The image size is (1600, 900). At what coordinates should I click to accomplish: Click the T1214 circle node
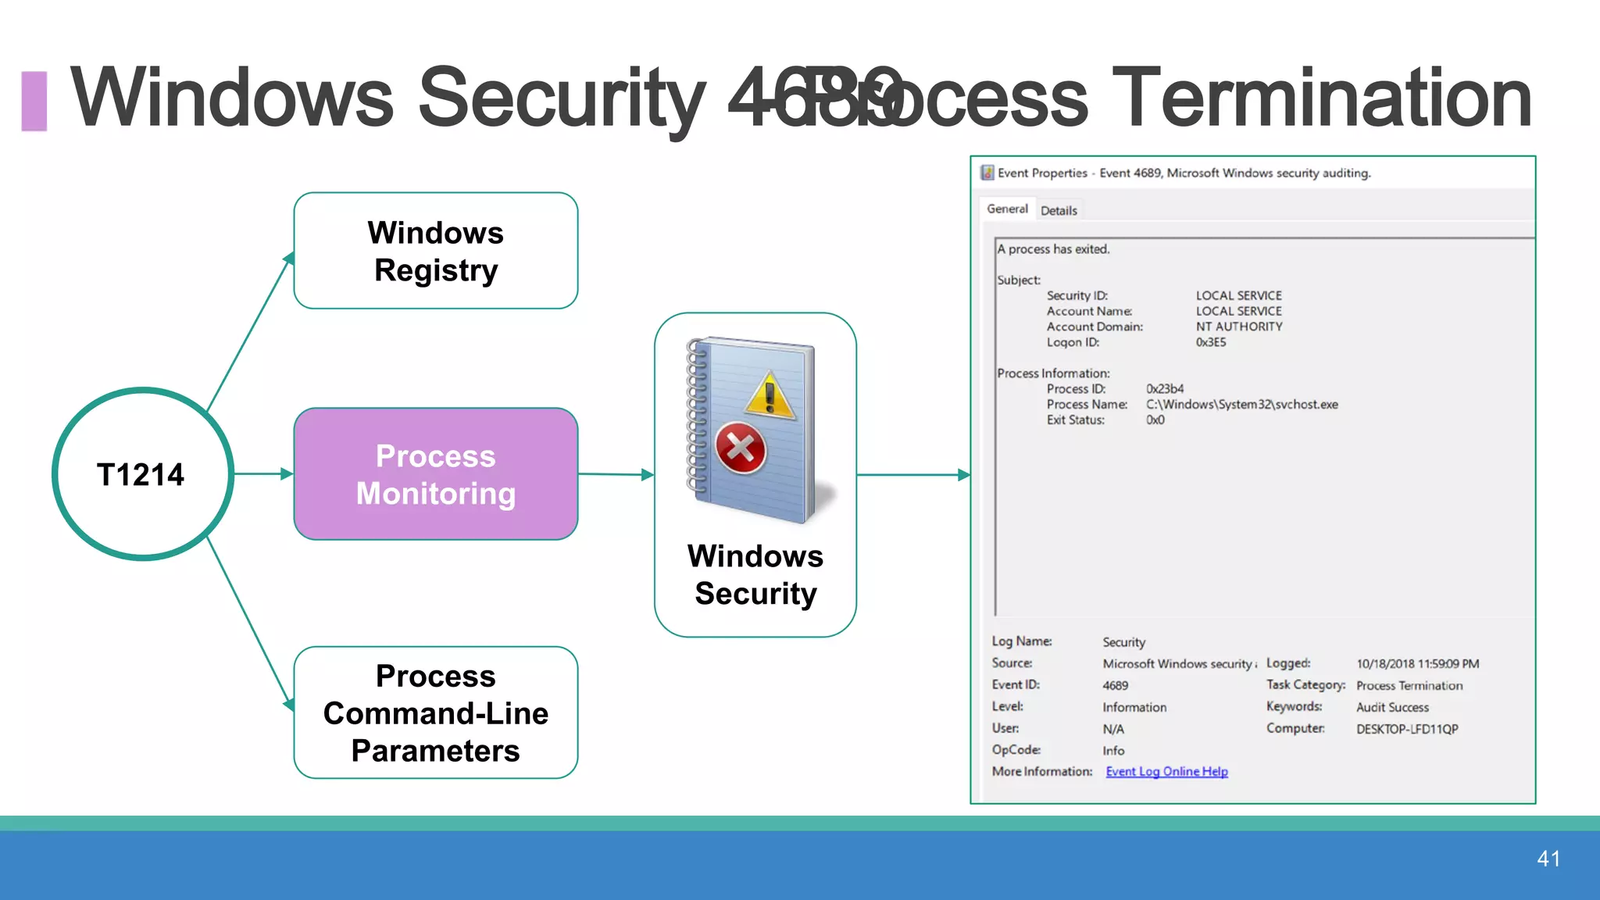pyautogui.click(x=142, y=474)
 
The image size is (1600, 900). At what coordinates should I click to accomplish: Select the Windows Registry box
pyautogui.click(x=435, y=251)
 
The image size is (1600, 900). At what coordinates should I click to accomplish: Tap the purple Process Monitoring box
pyautogui.click(x=435, y=474)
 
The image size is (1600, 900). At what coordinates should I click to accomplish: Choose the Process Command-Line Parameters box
pyautogui.click(x=435, y=712)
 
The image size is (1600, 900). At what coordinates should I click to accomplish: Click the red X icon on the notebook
pyautogui.click(x=740, y=448)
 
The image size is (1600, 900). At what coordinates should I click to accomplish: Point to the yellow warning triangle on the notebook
pyautogui.click(x=770, y=396)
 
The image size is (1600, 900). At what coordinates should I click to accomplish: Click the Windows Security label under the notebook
pyautogui.click(x=755, y=575)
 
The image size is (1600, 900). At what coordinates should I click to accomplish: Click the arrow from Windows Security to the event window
pyautogui.click(x=912, y=474)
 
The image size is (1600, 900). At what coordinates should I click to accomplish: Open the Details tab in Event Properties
pyautogui.click(x=1059, y=210)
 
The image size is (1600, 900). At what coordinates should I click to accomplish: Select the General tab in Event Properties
pyautogui.click(x=1007, y=209)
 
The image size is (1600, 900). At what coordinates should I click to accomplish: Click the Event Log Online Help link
pyautogui.click(x=1166, y=771)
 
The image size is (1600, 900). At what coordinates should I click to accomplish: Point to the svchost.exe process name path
pyautogui.click(x=1241, y=404)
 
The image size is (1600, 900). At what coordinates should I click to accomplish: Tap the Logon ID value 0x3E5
pyautogui.click(x=1211, y=342)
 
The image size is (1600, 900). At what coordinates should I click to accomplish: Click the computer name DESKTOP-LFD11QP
pyautogui.click(x=1407, y=729)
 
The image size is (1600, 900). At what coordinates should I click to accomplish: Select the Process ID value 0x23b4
pyautogui.click(x=1165, y=388)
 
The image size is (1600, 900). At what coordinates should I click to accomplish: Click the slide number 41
pyautogui.click(x=1548, y=859)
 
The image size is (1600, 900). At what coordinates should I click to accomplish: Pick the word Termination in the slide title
pyautogui.click(x=1321, y=98)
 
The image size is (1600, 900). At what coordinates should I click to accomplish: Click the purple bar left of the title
pyautogui.click(x=34, y=101)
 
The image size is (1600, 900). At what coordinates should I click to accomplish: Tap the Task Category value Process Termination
pyautogui.click(x=1409, y=685)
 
